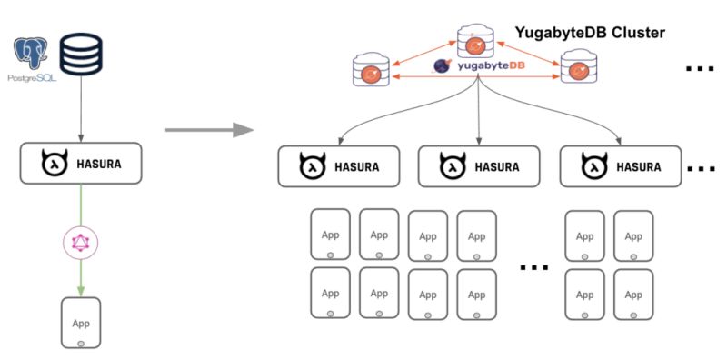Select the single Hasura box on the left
[x=81, y=164]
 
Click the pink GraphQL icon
[x=81, y=242]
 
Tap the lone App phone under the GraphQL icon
[x=81, y=322]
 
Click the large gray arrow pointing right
[x=208, y=130]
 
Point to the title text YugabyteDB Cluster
[x=590, y=33]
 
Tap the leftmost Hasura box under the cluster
[x=339, y=167]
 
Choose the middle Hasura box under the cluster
[x=479, y=167]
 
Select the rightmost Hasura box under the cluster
[x=619, y=167]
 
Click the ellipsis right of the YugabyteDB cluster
[x=699, y=69]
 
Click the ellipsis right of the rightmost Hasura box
[x=701, y=169]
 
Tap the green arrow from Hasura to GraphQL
[x=81, y=205]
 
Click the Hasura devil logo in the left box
[x=52, y=165]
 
